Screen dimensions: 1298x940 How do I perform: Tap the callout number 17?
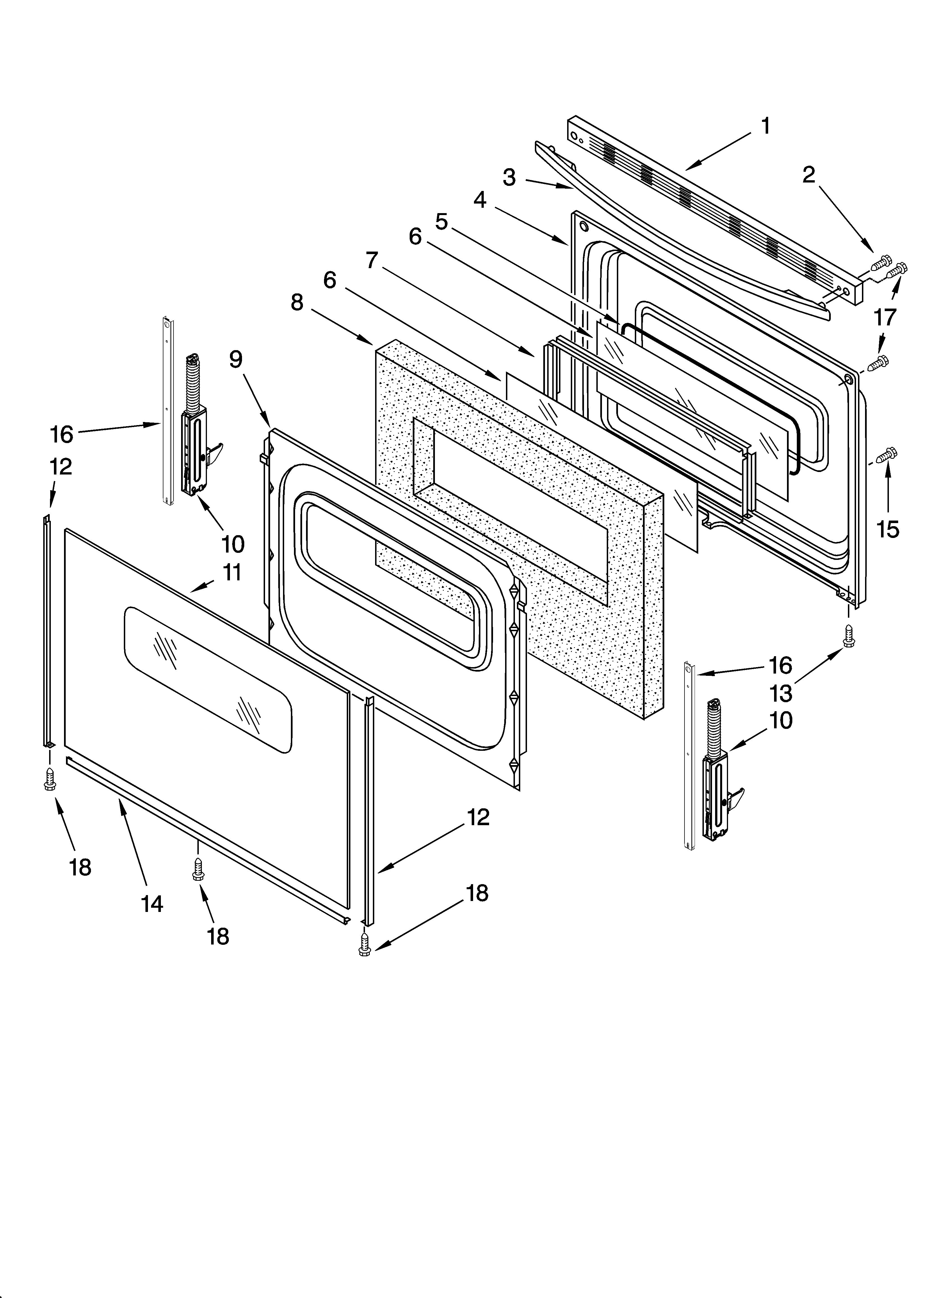point(884,316)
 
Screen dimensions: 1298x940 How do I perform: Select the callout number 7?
point(372,260)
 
